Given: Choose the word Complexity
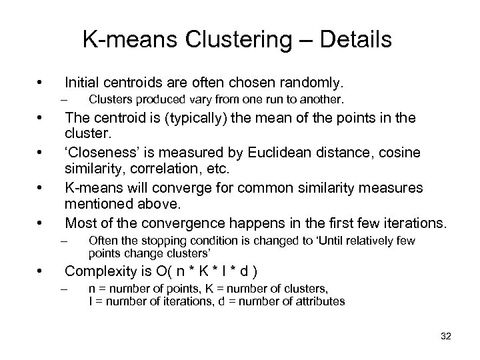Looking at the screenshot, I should pyautogui.click(x=105, y=271).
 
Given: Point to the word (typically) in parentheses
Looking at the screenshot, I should pyautogui.click(x=203, y=118).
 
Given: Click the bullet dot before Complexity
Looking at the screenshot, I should pyautogui.click(x=41, y=271).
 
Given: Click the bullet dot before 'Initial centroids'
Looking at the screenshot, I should pyautogui.click(x=41, y=83).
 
